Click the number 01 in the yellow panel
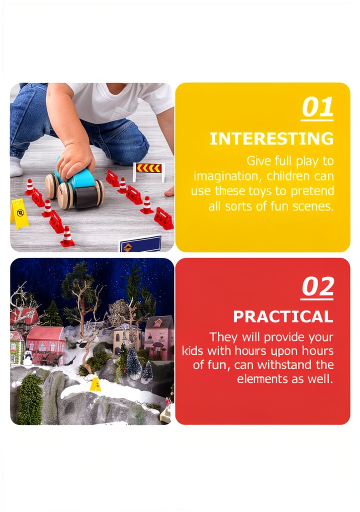coord(317,107)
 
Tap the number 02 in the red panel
coord(317,286)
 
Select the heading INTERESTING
coord(271,139)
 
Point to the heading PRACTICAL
coord(283,316)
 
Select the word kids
coord(192,350)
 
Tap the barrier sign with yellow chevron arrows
coord(149,170)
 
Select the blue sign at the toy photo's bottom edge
coord(140,243)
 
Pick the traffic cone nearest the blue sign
coord(67,236)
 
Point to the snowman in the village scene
coord(28,358)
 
